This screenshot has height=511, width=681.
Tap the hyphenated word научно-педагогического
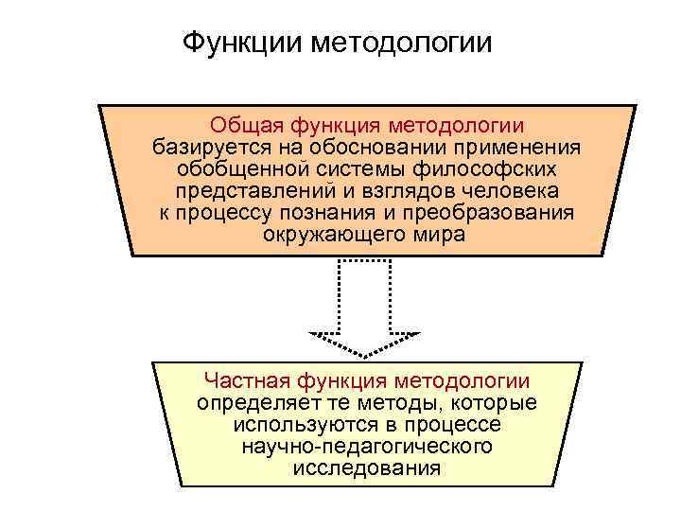[366, 447]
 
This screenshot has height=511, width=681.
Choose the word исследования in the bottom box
[366, 468]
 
